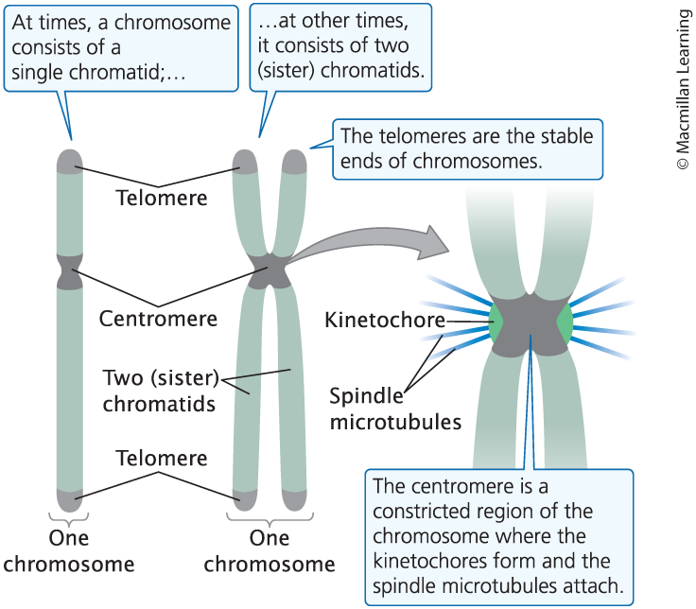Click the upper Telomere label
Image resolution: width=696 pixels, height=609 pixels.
click(x=161, y=198)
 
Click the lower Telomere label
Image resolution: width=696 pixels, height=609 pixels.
click(x=161, y=459)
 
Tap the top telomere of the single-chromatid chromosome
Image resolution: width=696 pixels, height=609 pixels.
click(x=68, y=159)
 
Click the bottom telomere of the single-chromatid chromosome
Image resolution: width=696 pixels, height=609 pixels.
click(x=68, y=498)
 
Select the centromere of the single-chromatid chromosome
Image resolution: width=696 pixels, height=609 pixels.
click(x=68, y=271)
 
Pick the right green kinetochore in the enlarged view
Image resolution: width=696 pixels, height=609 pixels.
click(x=565, y=322)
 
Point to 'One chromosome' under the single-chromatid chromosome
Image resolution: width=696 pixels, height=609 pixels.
click(x=68, y=550)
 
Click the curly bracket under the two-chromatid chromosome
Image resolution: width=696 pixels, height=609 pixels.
click(x=270, y=519)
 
